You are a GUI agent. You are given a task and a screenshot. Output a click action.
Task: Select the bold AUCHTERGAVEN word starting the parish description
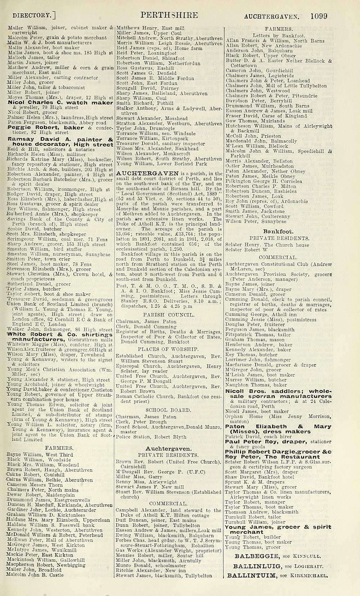(148, 174)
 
